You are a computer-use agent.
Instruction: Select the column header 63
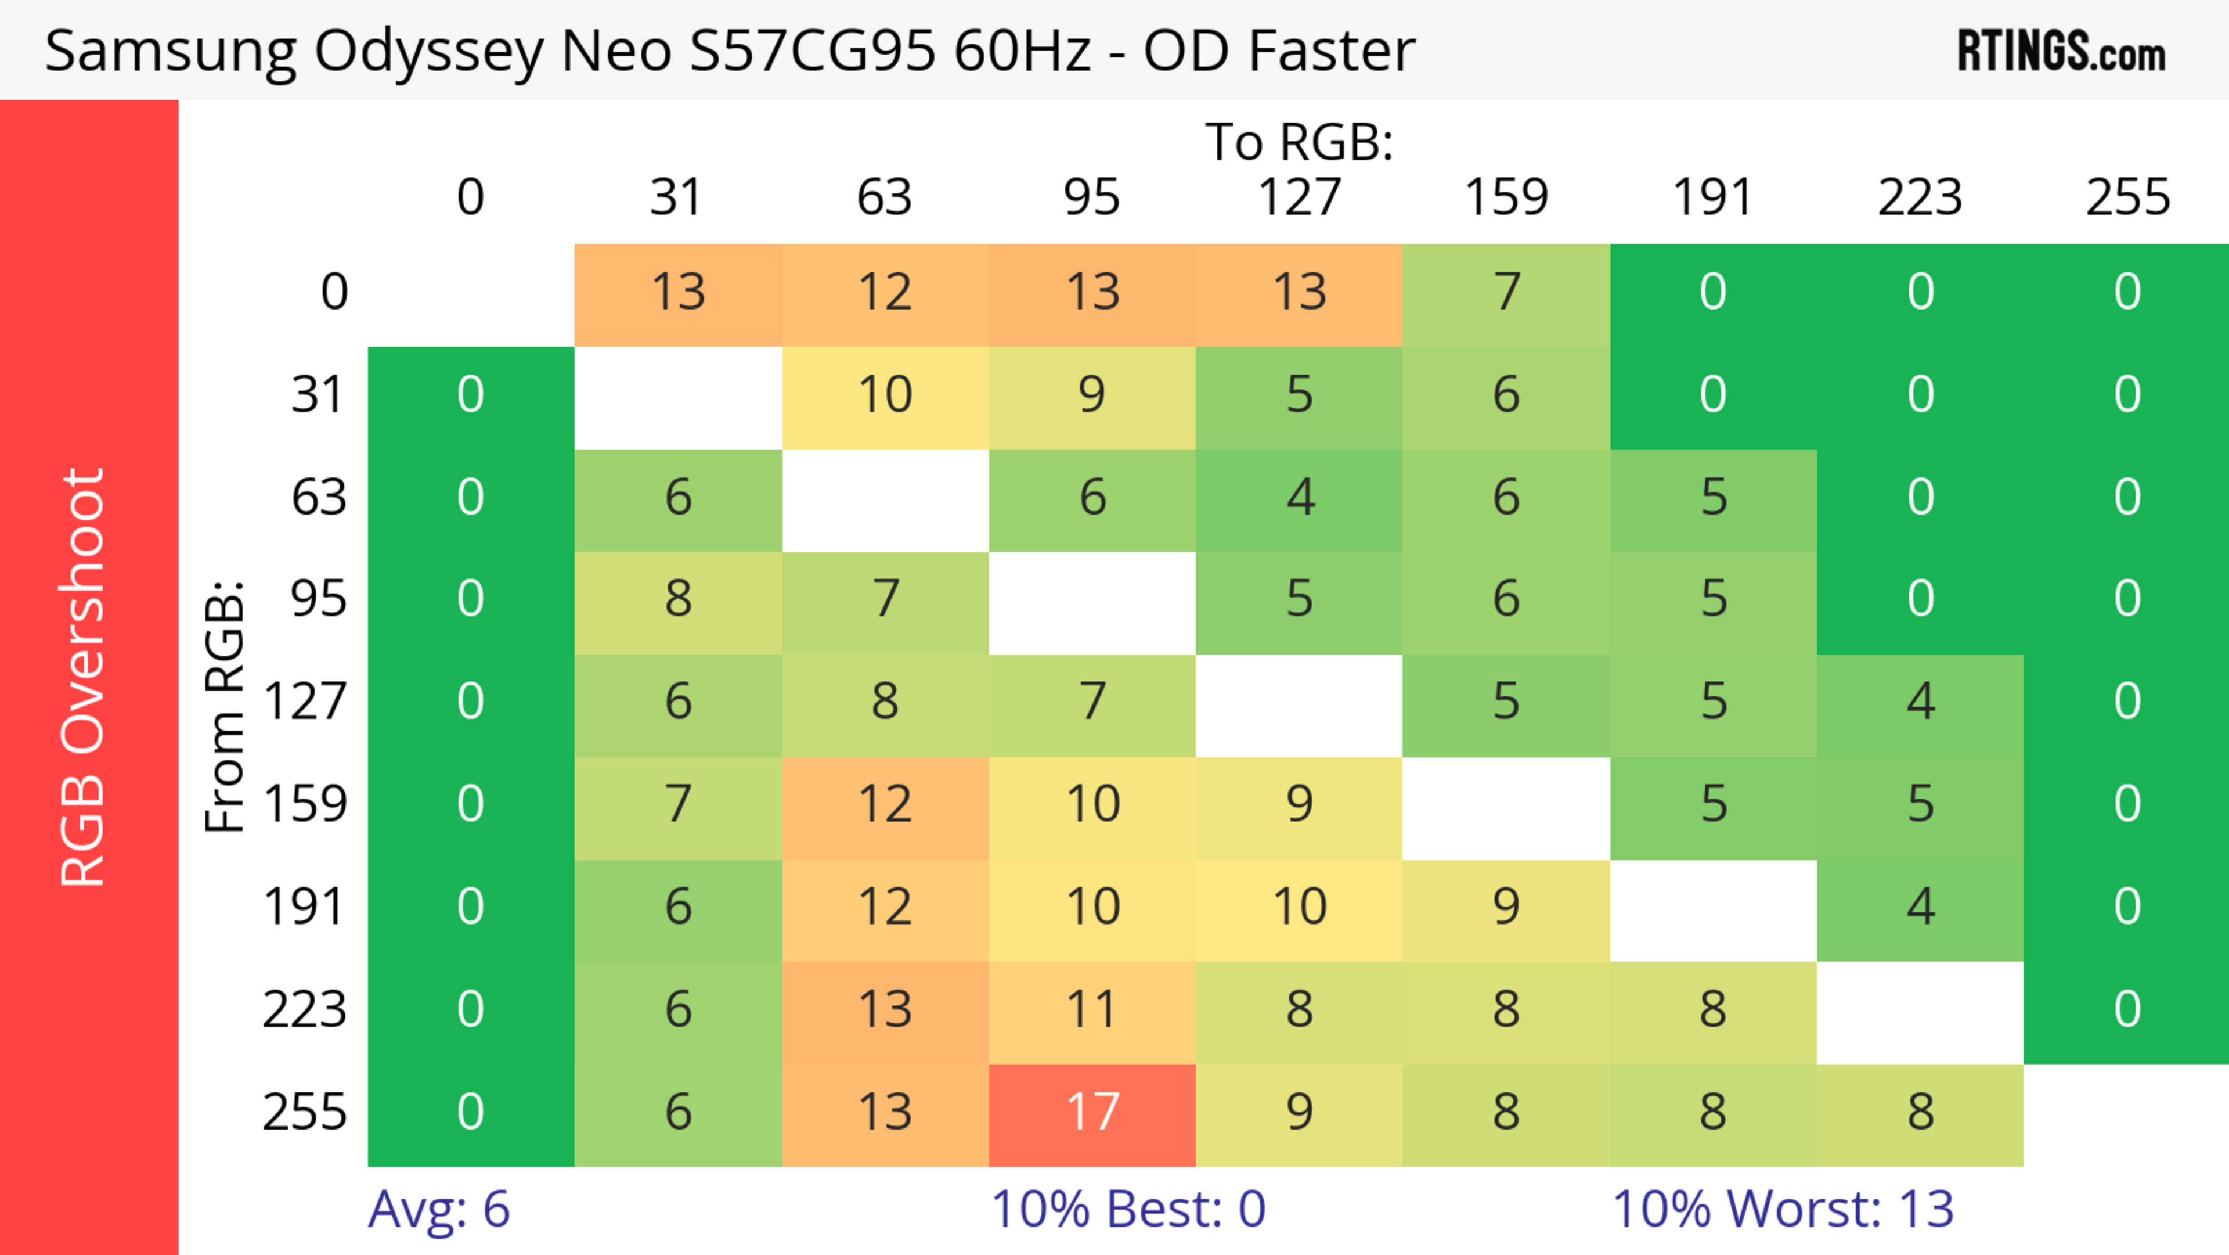[x=884, y=197]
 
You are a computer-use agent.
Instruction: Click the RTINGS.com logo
[x=2061, y=52]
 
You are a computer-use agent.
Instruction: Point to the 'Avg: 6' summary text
[x=439, y=1209]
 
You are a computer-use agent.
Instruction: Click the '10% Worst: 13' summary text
[x=1783, y=1209]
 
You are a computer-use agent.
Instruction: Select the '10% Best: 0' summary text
[x=1127, y=1209]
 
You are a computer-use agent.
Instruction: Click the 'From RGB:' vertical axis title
[x=225, y=706]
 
